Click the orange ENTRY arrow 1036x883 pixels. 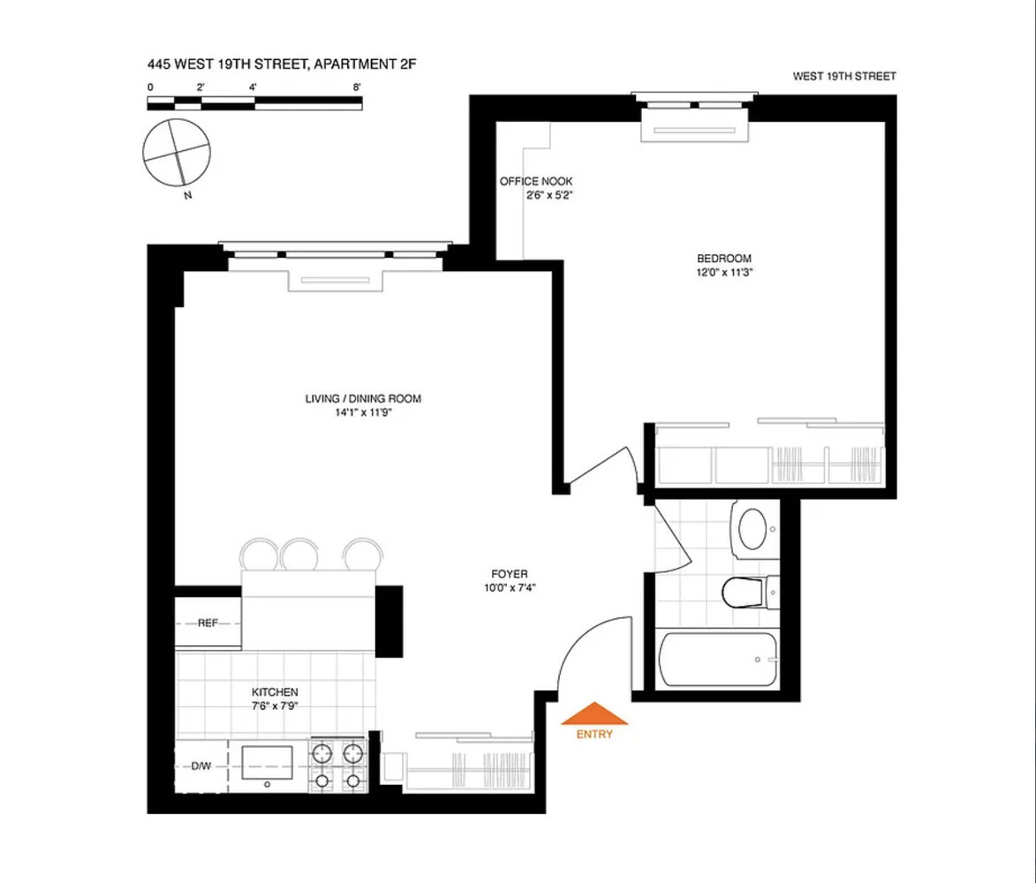tap(594, 713)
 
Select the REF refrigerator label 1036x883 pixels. tap(208, 623)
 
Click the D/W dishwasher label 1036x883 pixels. tap(201, 766)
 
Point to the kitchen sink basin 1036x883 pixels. tap(268, 761)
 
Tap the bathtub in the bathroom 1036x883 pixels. tap(718, 659)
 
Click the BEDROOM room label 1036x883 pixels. tap(724, 259)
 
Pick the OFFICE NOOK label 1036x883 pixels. tap(536, 181)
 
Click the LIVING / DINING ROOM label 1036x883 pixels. tap(363, 399)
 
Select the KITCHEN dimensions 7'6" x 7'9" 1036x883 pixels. tap(275, 706)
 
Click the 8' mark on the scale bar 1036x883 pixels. tap(357, 87)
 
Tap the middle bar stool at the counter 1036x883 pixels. tap(299, 555)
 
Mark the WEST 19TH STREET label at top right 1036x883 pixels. tap(844, 77)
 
